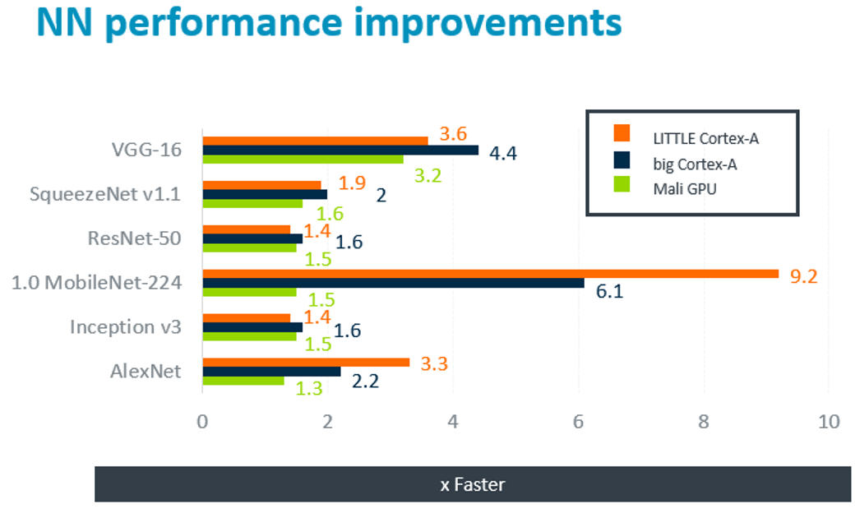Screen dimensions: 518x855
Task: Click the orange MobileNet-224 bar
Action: tap(490, 274)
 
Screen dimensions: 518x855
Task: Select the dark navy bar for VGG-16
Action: tap(340, 150)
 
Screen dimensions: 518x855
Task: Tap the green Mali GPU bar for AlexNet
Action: tap(243, 380)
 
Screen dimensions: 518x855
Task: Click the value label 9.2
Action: tap(803, 275)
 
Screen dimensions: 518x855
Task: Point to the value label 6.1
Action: tap(609, 290)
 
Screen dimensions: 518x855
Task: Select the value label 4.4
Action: tap(502, 153)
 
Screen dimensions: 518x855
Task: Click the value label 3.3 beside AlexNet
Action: tap(433, 364)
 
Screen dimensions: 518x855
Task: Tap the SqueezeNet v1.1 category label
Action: tap(105, 195)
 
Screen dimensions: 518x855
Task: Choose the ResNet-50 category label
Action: tap(134, 238)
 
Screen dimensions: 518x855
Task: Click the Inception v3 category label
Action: tap(125, 327)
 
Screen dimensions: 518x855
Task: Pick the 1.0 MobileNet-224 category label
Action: tap(96, 283)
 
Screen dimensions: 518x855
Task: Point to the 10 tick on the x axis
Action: tap(829, 421)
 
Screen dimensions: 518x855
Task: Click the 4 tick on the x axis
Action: tap(453, 421)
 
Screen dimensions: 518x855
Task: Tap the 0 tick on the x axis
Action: tap(202, 421)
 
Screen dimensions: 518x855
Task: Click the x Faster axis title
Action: tap(472, 484)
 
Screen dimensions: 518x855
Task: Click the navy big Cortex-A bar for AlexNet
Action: tap(271, 372)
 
